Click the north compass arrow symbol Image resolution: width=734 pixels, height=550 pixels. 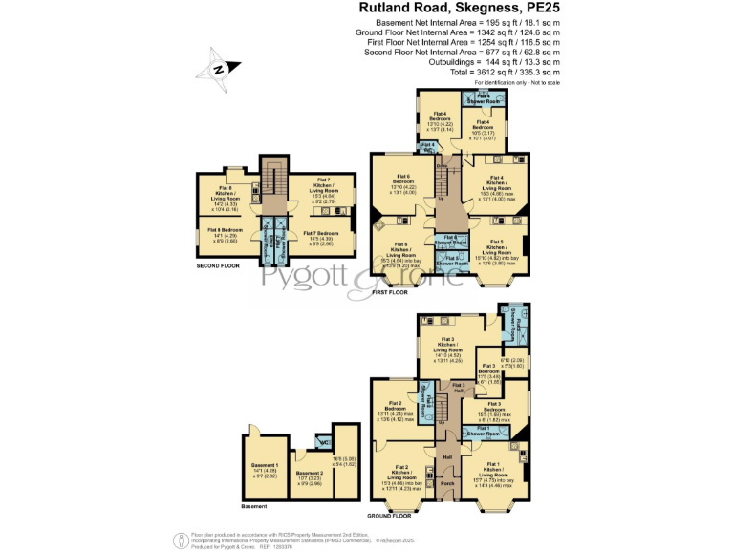pyautogui.click(x=218, y=69)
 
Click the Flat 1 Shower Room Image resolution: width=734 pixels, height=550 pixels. pyautogui.click(x=486, y=433)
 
